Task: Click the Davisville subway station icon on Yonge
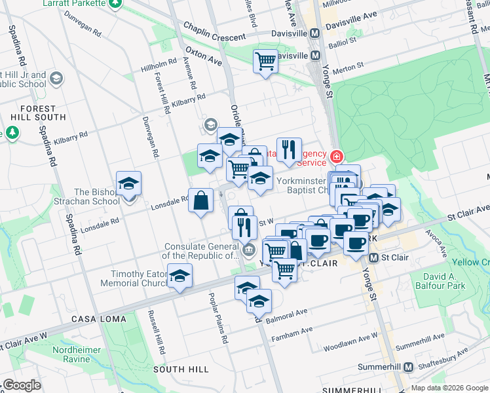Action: click(x=314, y=33)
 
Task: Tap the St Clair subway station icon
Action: click(x=373, y=257)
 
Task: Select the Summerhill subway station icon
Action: click(x=409, y=367)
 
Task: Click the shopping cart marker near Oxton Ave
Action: click(x=265, y=62)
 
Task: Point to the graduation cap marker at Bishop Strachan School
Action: click(x=129, y=183)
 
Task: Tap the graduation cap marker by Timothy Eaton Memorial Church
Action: click(x=179, y=276)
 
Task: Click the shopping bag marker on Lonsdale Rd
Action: click(x=201, y=200)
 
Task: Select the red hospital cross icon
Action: click(x=336, y=157)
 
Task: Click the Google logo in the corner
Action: click(x=22, y=385)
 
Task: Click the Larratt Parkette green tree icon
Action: click(x=115, y=4)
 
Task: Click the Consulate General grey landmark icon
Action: click(x=248, y=250)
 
